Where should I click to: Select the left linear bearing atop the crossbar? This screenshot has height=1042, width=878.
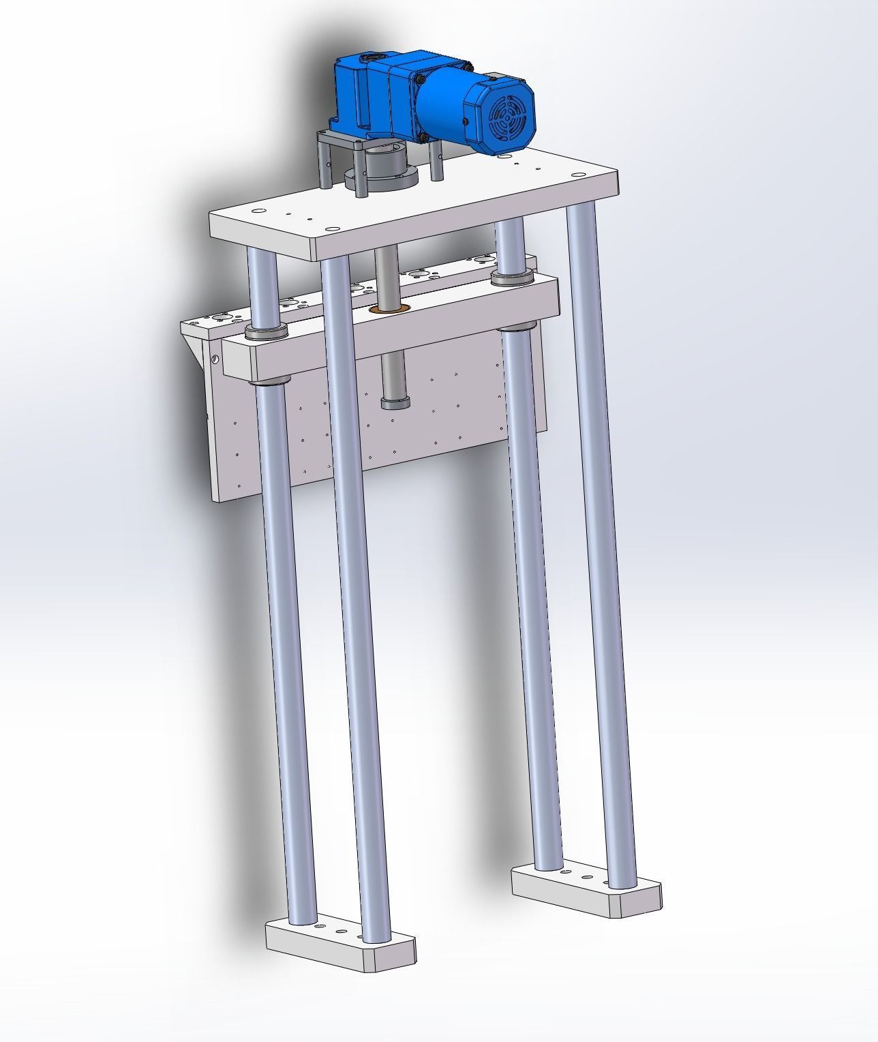click(x=267, y=332)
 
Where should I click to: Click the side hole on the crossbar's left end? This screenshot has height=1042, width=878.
click(x=215, y=359)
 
